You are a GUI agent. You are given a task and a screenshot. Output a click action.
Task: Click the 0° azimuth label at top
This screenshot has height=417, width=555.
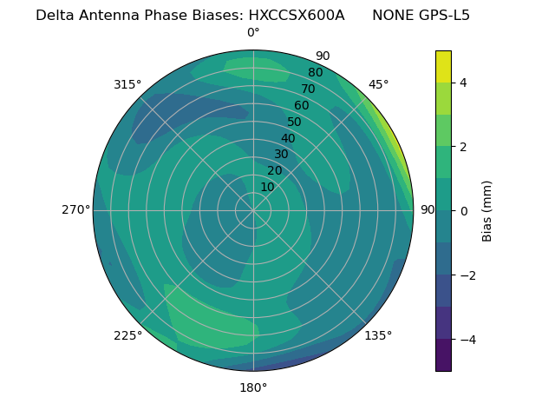coord(253,33)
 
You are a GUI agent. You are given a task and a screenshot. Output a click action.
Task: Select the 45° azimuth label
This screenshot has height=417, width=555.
coord(378,84)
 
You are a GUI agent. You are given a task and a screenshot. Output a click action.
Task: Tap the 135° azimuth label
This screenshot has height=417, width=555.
coord(378,335)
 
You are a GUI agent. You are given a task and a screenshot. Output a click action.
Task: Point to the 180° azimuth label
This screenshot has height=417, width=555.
coord(253,387)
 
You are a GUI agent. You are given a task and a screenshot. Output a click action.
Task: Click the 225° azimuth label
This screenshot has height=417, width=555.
coord(127,335)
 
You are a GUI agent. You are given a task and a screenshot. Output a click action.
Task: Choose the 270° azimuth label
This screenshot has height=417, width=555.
coord(76,209)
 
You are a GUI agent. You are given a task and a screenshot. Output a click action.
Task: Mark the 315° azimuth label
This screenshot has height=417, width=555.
coord(127,84)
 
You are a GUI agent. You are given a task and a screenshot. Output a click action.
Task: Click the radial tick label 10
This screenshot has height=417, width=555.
coord(267,187)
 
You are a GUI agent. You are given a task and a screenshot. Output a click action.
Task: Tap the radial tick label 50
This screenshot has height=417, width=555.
coord(294,122)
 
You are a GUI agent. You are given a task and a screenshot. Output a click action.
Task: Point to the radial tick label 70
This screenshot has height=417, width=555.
coord(308,89)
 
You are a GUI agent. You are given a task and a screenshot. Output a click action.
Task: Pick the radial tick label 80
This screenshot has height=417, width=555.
coord(315,72)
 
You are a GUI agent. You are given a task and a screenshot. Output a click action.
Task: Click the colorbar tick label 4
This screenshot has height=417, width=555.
coord(463,83)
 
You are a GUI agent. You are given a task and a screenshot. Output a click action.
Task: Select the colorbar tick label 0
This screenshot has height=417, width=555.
coord(463,211)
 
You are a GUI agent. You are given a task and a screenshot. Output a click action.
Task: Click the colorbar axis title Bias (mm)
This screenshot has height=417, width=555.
coord(487,210)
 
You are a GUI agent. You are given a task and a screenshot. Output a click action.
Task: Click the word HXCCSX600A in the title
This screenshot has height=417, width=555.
coord(297,15)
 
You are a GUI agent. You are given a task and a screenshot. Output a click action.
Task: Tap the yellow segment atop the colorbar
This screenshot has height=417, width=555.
coord(443,66)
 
